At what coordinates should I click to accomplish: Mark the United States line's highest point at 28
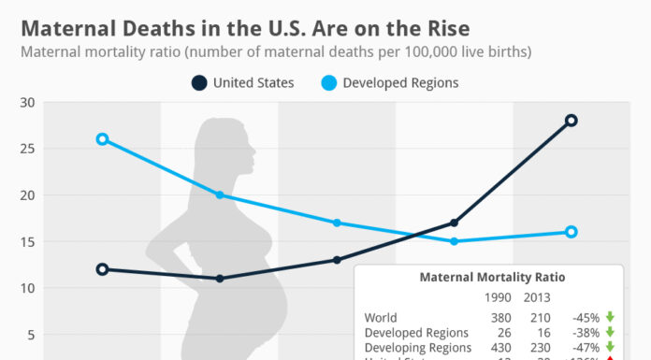pos(571,121)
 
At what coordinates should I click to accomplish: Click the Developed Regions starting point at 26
pos(102,139)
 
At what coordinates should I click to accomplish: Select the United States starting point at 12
pos(102,269)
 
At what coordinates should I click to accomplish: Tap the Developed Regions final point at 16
pos(571,232)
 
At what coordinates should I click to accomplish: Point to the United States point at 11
pos(220,279)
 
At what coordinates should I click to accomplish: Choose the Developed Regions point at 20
pos(220,194)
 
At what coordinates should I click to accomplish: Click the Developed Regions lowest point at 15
pos(454,241)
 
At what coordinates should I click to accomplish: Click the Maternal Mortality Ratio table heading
pos(491,278)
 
